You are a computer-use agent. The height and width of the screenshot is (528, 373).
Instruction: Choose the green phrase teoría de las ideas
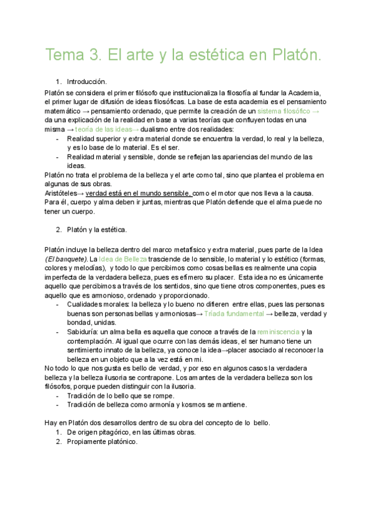pos(103,129)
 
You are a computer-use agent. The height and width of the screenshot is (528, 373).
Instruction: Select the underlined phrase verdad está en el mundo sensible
pos(139,194)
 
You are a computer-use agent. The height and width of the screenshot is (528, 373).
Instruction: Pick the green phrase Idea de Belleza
pos(122,258)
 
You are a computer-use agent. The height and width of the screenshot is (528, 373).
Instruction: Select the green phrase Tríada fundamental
pos(236,314)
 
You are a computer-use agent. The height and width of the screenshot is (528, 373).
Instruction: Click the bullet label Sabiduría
pos(82,332)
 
